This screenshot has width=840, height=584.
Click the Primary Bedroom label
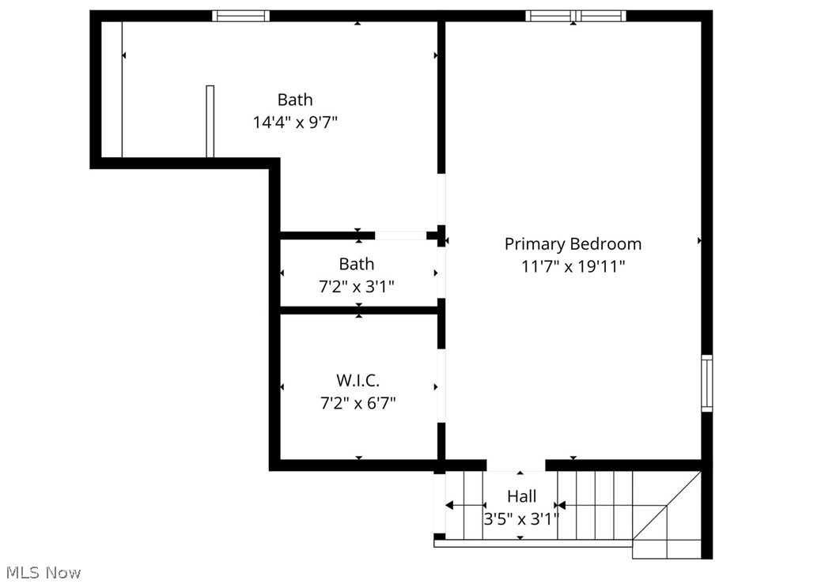573,244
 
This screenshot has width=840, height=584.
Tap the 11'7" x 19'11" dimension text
573,266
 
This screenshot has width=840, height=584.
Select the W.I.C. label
357,381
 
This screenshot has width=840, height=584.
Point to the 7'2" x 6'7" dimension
357,403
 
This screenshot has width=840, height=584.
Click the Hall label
521,496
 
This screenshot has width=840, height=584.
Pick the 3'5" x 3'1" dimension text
521,519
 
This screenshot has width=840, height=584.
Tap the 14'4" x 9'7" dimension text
295,122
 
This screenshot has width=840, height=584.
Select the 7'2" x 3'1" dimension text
357,286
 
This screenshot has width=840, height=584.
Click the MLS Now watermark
44,572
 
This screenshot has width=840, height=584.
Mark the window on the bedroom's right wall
707,383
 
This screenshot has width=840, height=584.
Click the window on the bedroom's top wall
576,16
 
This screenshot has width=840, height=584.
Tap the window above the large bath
240,16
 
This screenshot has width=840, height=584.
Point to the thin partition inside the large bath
210,121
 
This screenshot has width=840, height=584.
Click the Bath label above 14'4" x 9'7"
295,100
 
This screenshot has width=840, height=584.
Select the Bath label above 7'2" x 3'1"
357,264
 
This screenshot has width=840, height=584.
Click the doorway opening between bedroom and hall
516,465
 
